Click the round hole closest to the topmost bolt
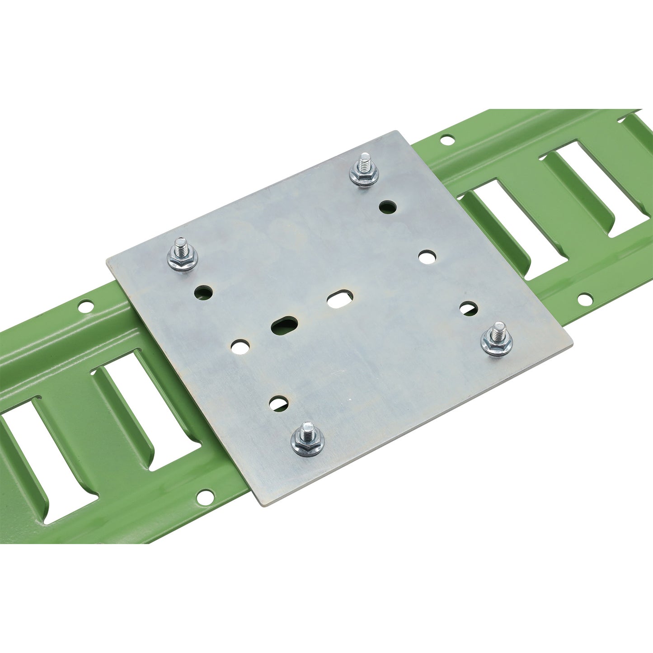click(x=388, y=207)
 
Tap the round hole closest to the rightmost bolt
click(x=469, y=309)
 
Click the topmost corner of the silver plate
click(x=397, y=132)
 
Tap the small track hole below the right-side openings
click(x=585, y=299)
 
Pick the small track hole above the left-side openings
click(x=85, y=308)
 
